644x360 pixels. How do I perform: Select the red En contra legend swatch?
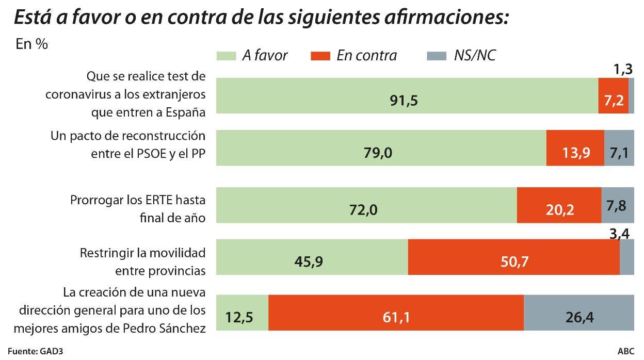point(319,56)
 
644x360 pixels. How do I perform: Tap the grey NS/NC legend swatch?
point(436,56)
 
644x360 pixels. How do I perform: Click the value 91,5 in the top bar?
point(404,100)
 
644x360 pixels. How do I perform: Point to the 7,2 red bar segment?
point(613,96)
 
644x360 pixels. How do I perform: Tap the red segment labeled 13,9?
point(575,148)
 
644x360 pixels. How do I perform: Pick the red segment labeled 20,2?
point(559,205)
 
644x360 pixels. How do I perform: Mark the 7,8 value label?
point(617,205)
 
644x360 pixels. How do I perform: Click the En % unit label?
point(32,44)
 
